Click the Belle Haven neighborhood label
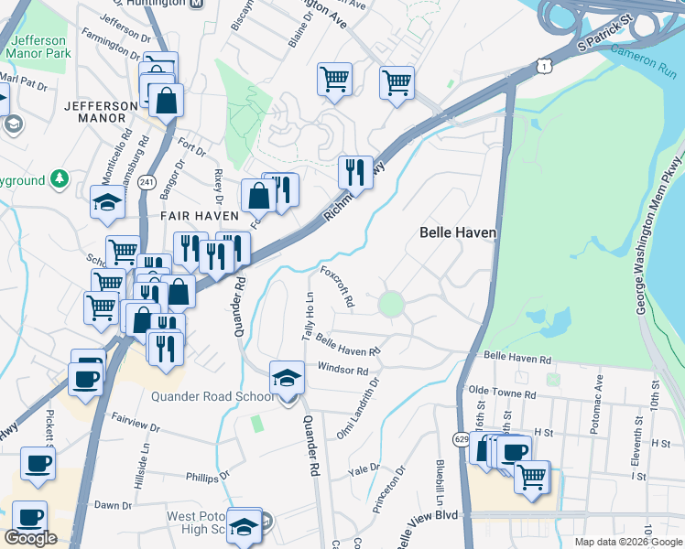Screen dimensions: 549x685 pos(458,232)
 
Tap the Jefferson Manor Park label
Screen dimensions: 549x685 pos(38,48)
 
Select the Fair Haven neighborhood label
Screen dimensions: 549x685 pos(200,216)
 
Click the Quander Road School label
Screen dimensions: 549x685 pos(212,396)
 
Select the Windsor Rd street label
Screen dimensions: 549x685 pos(342,370)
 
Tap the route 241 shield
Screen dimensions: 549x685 pos(146,183)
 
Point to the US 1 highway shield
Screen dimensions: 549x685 pos(546,65)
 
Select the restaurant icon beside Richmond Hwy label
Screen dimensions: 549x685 pos(355,171)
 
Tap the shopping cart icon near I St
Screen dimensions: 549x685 pos(532,476)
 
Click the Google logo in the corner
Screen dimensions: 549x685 pos(30,538)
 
